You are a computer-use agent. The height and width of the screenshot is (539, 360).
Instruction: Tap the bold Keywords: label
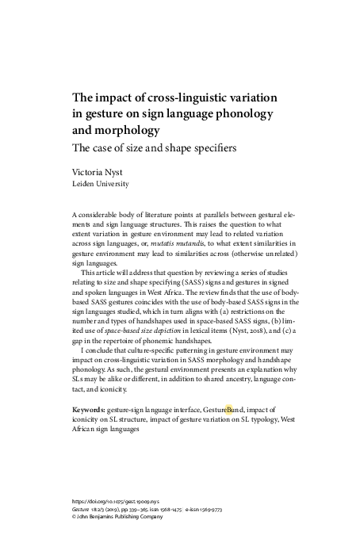88,410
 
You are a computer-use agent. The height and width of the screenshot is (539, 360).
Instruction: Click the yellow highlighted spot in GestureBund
230,410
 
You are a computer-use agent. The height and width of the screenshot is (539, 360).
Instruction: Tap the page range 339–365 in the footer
149,510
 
